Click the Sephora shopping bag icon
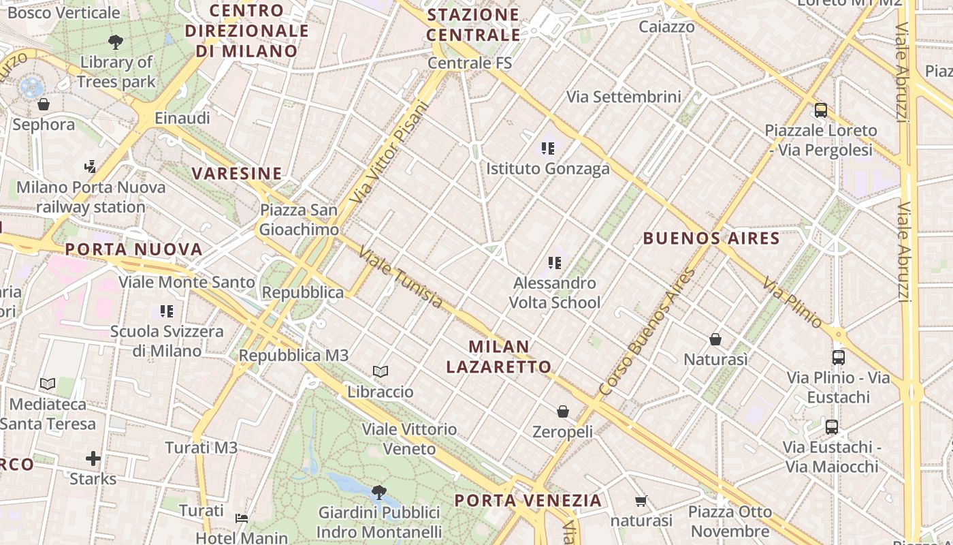44,104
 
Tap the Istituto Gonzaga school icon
548,148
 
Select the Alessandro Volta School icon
555,262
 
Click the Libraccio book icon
381,371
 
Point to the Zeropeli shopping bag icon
563,411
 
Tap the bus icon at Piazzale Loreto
821,110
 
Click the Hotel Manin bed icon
242,518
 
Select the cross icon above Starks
93,458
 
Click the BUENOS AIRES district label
711,238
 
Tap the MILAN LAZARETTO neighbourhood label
499,356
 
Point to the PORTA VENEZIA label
528,501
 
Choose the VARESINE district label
237,174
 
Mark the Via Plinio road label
792,302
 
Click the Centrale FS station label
470,63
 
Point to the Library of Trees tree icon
116,42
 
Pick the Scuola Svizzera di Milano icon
167,311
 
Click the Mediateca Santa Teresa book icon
48,384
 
